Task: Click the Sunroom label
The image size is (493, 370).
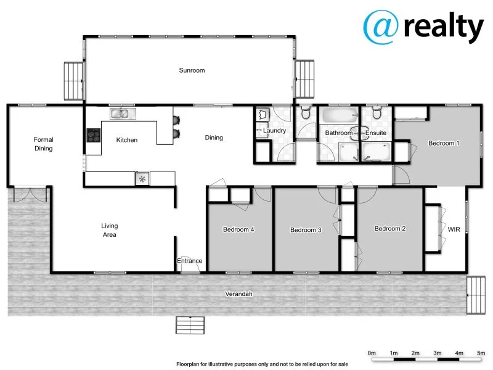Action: coord(192,70)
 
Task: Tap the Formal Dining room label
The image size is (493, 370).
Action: coord(44,144)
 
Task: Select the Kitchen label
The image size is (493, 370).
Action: coord(127,140)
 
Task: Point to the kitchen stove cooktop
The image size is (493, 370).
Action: coord(93,135)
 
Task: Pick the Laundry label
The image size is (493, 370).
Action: coord(274,131)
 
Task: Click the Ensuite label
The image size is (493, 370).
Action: coord(376,133)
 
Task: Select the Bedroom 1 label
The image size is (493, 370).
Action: coord(444,143)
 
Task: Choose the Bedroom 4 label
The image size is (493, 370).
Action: coord(239,230)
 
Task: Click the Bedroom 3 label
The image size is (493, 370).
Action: coord(306,231)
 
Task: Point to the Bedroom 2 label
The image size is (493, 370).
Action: coord(390,229)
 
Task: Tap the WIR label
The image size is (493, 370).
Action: coord(454,229)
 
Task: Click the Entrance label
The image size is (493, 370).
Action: coord(190,261)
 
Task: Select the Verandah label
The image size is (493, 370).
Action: coord(238,294)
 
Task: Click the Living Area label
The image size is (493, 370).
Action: coord(110,230)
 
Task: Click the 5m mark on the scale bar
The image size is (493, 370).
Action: coord(481,353)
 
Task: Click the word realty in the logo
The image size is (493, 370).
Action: coord(444,28)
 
